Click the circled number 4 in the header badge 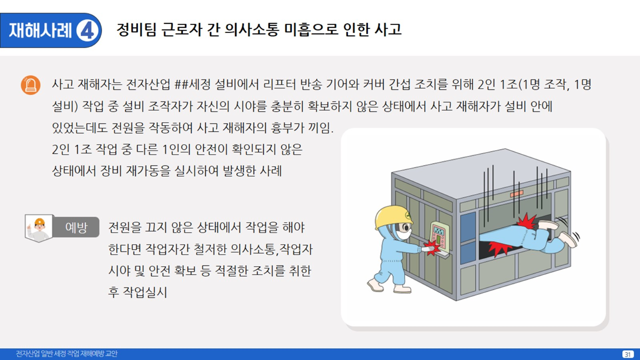pos(87,30)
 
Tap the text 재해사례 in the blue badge pos(40,30)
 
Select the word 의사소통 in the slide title pos(251,29)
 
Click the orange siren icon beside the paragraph pos(30,85)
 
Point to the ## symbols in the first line pos(181,84)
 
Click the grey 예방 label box pos(76,227)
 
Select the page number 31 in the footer pos(627,354)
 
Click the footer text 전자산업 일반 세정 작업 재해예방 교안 pos(66,353)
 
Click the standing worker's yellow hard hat pos(393,217)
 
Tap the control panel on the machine pos(439,237)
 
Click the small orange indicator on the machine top pos(516,194)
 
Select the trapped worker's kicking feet pos(559,233)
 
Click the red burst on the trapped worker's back pos(526,221)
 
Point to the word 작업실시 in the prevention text pos(144,292)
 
